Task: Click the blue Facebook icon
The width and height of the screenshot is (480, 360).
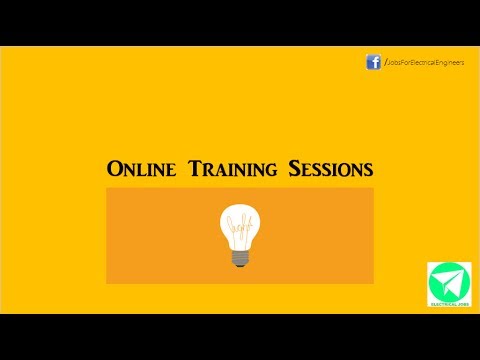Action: pos(373,62)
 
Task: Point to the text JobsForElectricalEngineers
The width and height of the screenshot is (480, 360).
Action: pos(425,63)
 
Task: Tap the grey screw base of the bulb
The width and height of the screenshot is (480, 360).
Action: pos(239,255)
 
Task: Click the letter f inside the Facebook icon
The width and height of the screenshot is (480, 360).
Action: pos(374,63)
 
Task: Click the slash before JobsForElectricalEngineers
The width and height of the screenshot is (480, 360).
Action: pos(384,63)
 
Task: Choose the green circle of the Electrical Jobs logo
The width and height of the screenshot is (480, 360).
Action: pos(448,281)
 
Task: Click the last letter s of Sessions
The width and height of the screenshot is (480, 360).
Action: pos(368,169)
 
